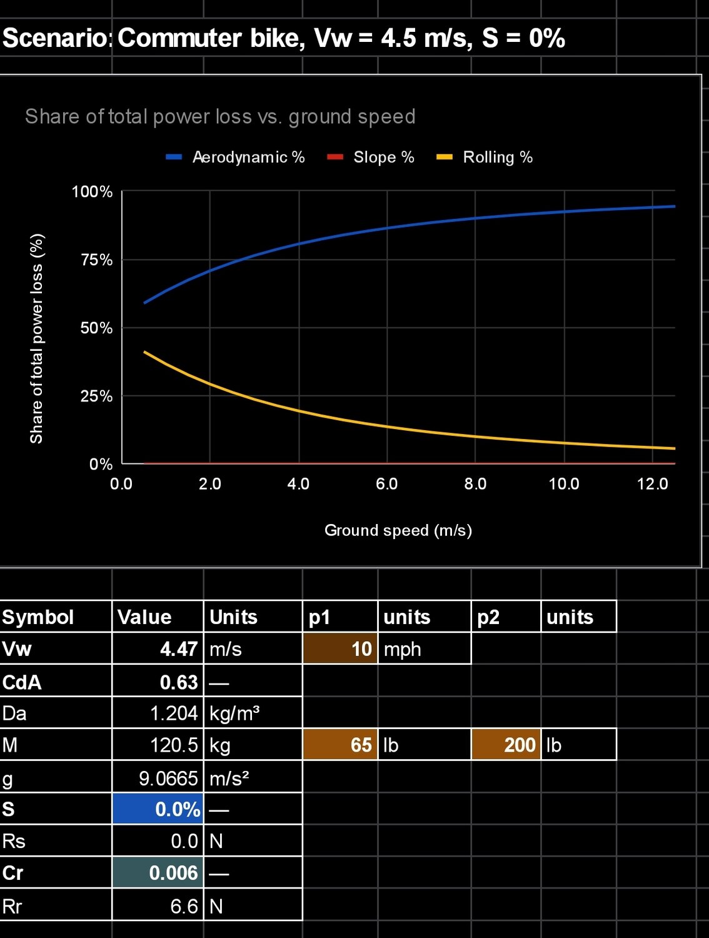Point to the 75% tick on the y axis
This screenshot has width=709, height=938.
(x=96, y=260)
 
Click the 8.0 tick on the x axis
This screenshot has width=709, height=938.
(x=475, y=483)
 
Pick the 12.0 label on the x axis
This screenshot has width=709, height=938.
(x=652, y=483)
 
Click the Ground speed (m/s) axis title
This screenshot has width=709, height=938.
(x=398, y=530)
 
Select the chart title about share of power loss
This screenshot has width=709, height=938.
(x=220, y=116)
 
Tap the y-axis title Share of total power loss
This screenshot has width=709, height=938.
(x=37, y=338)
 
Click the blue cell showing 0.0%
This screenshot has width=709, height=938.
(x=158, y=809)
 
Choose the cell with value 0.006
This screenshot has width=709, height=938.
(x=158, y=873)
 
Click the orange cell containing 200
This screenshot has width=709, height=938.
(x=506, y=745)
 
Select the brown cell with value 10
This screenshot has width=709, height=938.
(x=340, y=649)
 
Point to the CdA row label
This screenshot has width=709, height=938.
(x=23, y=682)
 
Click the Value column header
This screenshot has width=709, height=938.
(x=144, y=617)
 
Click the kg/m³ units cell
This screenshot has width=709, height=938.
(x=234, y=713)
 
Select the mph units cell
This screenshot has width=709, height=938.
(x=402, y=649)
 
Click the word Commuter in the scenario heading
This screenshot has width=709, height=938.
(x=179, y=38)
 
